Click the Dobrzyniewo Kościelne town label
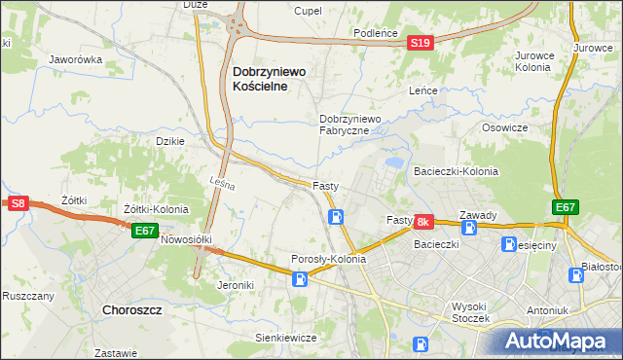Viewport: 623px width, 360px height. [269, 78]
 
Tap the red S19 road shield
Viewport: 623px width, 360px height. [420, 43]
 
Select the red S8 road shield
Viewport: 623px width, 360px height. [18, 202]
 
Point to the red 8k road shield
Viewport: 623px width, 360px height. [423, 223]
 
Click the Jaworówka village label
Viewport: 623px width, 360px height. [76, 59]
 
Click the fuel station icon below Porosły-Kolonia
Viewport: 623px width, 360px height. [301, 280]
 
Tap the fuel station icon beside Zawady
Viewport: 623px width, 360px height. [469, 228]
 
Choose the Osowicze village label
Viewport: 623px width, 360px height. [504, 127]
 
